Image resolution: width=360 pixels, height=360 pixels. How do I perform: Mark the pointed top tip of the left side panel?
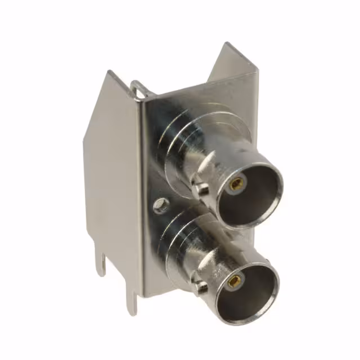(110, 73)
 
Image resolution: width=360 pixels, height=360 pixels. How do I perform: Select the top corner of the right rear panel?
(227, 44)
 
